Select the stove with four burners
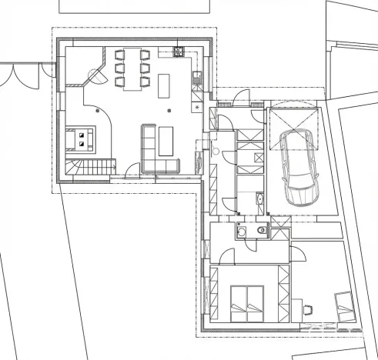pyautogui.click(x=178, y=53)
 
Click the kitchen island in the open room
pyautogui.click(x=164, y=85)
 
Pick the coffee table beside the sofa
pyautogui.click(x=166, y=139)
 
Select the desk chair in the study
pyautogui.click(x=310, y=310)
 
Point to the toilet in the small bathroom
pyautogui.click(x=242, y=228)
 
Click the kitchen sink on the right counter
pyautogui.click(x=196, y=76)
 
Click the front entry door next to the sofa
pyautogui.click(x=132, y=171)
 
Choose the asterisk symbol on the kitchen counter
pyautogui.click(x=198, y=107)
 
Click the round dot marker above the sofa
pyautogui.click(x=167, y=111)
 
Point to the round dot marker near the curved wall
pyautogui.click(x=98, y=111)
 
